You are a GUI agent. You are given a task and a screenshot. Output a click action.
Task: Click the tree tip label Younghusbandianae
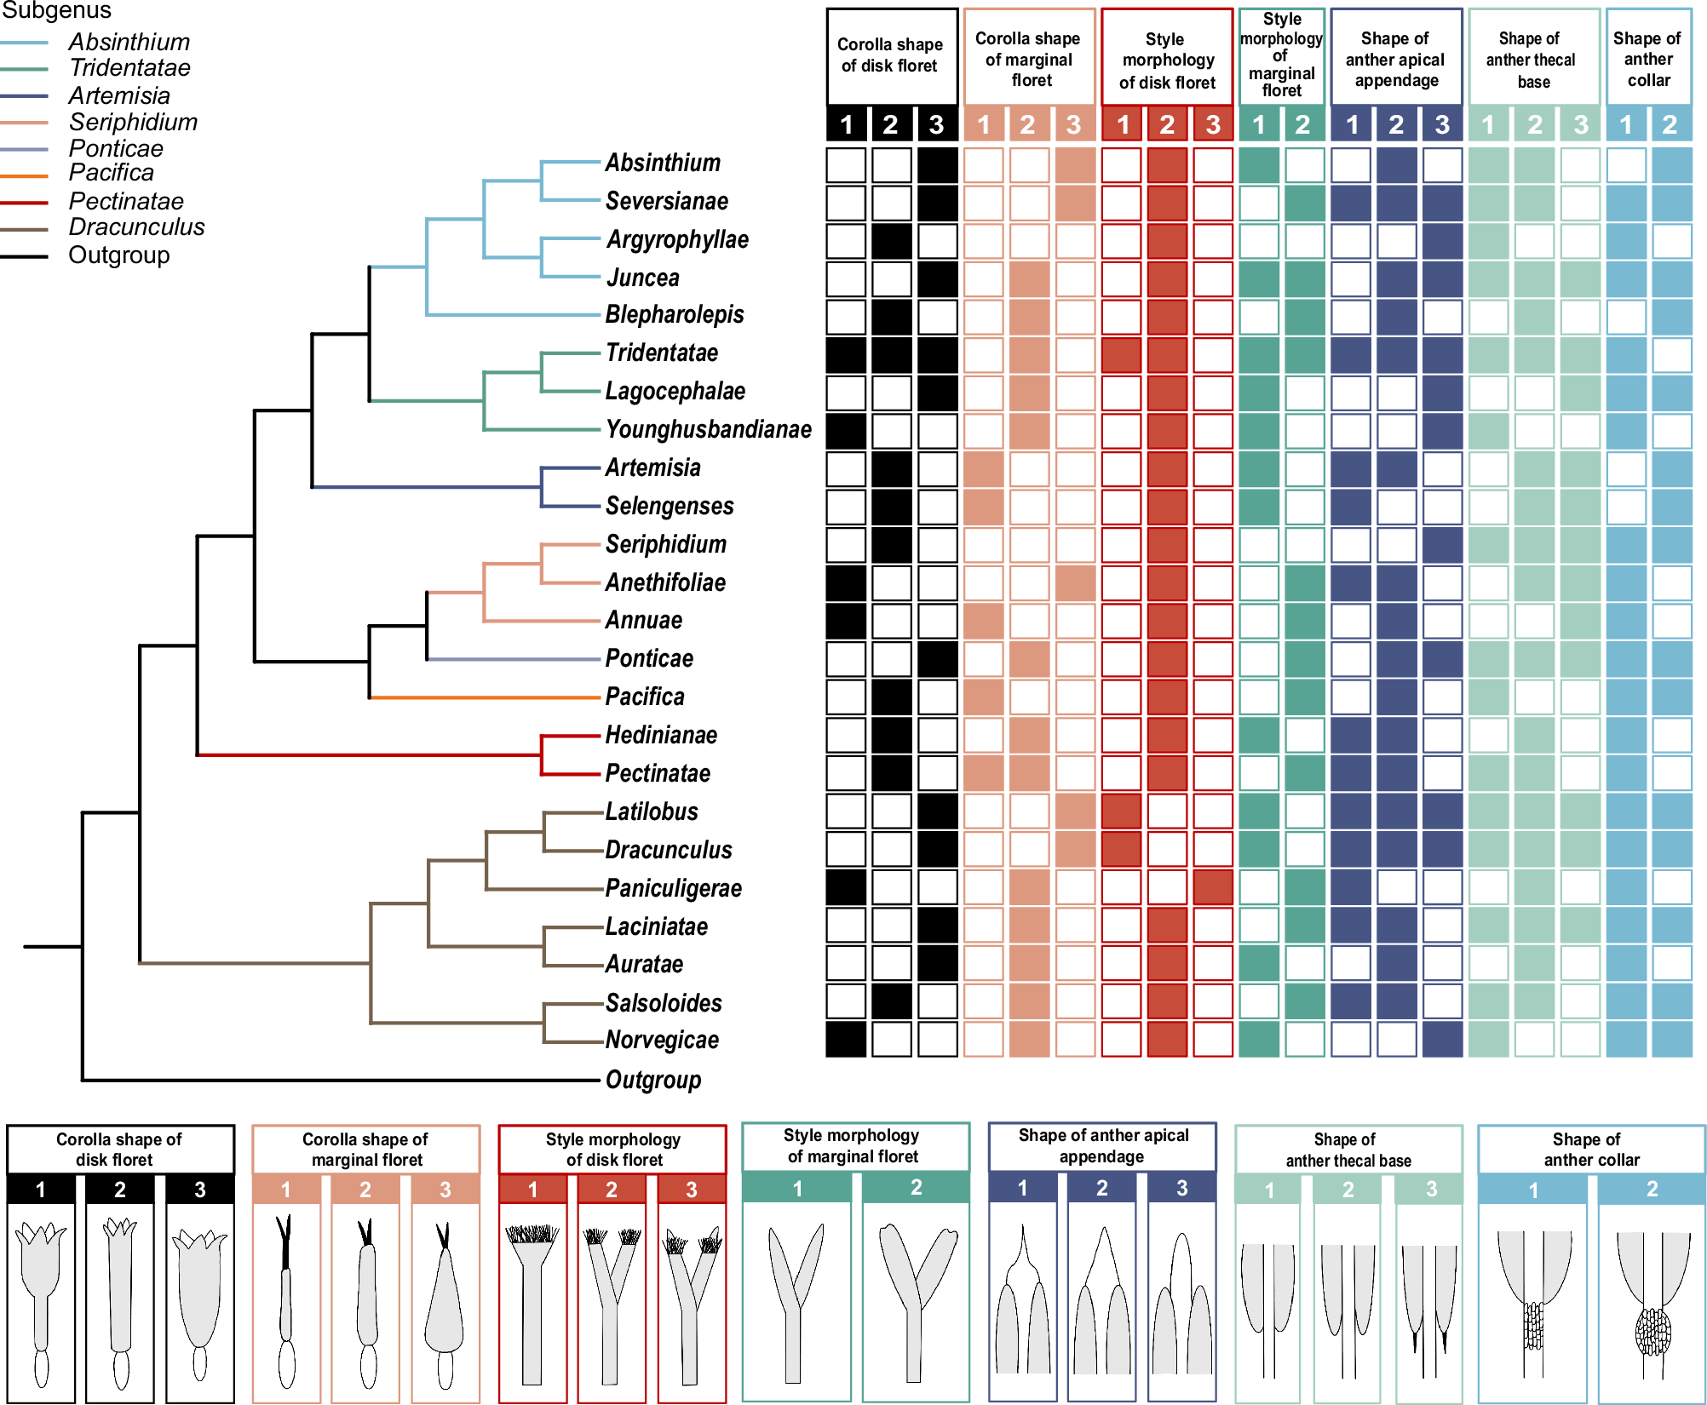[x=708, y=429]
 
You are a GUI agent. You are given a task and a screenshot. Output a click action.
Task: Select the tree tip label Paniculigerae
[x=673, y=888]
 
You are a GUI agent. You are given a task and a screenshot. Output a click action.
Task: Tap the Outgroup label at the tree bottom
[x=652, y=1080]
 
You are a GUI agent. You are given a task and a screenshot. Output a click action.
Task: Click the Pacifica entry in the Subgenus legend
[x=112, y=173]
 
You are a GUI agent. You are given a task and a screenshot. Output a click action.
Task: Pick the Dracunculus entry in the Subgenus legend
[x=136, y=227]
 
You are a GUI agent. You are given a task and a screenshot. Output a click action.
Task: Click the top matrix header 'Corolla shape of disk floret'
[x=891, y=55]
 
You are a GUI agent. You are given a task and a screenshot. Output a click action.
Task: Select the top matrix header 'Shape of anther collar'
[x=1647, y=59]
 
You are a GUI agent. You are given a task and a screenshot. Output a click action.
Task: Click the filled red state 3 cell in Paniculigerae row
[x=1213, y=887]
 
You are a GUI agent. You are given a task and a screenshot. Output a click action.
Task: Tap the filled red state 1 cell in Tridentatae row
[x=1121, y=355]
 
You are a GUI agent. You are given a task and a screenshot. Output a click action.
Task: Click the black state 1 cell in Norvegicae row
[x=846, y=1040]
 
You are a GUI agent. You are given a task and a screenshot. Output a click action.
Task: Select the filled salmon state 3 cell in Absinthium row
[x=1075, y=165]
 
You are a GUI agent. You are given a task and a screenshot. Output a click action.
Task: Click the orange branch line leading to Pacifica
[x=486, y=697]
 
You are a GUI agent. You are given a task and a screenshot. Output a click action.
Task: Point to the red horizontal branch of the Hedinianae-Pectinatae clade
[x=366, y=754]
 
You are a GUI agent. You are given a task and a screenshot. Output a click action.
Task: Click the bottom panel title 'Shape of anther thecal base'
[x=1348, y=1150]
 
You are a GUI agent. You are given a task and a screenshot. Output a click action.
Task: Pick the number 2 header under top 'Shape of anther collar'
[x=1670, y=125]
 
